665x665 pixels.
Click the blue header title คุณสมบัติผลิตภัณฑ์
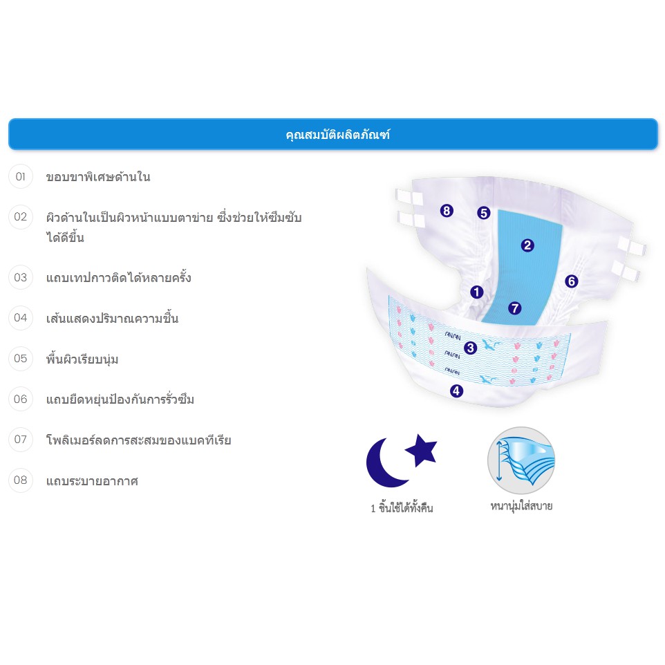coord(337,134)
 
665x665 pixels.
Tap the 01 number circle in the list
coord(20,176)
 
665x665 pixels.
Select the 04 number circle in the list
coord(20,318)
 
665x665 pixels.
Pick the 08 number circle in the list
coord(20,480)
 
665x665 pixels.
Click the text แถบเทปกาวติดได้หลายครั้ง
coord(118,278)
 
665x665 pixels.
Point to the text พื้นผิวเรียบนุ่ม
coord(82,359)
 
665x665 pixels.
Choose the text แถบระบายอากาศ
coord(92,481)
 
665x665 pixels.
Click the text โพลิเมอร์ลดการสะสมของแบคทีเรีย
coord(139,440)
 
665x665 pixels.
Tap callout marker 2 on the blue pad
coord(527,245)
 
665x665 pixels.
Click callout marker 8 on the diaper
coord(447,210)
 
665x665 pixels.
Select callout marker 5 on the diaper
coord(483,213)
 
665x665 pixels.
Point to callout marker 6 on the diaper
coord(571,281)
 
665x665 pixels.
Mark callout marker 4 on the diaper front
coord(456,391)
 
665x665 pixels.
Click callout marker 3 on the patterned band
coord(470,348)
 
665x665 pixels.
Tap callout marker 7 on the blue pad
coord(514,308)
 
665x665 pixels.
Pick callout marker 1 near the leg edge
coord(477,292)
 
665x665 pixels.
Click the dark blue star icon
coord(422,450)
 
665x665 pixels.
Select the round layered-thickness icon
coord(521,460)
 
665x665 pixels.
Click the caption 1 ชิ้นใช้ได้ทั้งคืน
coord(402,507)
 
